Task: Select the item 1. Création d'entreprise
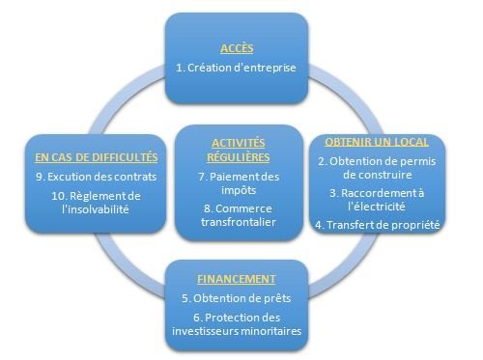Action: point(236,69)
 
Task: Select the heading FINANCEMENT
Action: point(236,278)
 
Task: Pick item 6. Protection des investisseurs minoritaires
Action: point(236,324)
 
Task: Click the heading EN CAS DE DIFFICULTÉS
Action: point(94,156)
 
